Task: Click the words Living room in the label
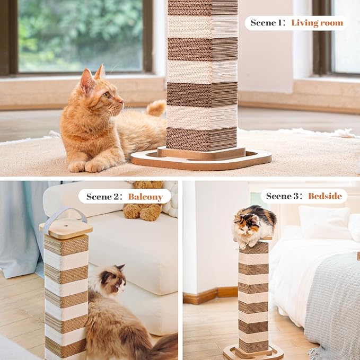[317, 23]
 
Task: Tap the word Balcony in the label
[145, 197]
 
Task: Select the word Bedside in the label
[321, 196]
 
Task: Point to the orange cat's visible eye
[106, 94]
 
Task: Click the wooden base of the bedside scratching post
[253, 352]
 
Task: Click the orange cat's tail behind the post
[157, 108]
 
